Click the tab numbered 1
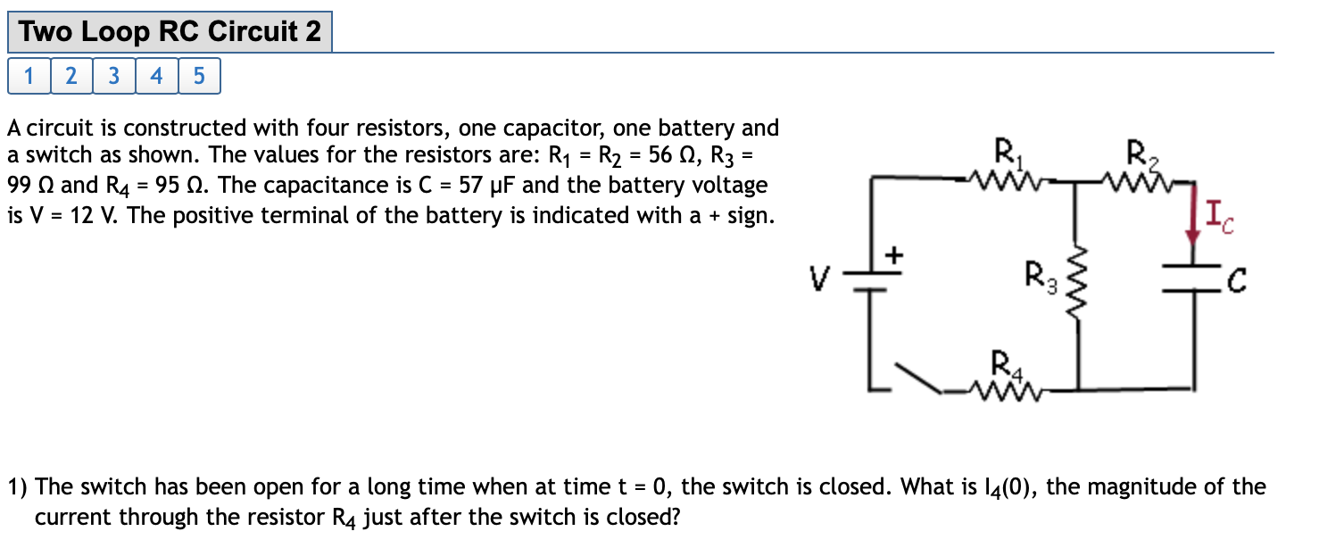(x=29, y=77)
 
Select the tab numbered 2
(x=71, y=77)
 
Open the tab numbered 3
(x=113, y=77)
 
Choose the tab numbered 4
(x=156, y=77)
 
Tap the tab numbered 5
(x=198, y=77)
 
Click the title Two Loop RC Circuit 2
(x=170, y=32)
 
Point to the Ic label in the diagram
(x=1218, y=217)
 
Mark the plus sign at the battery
(x=893, y=257)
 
